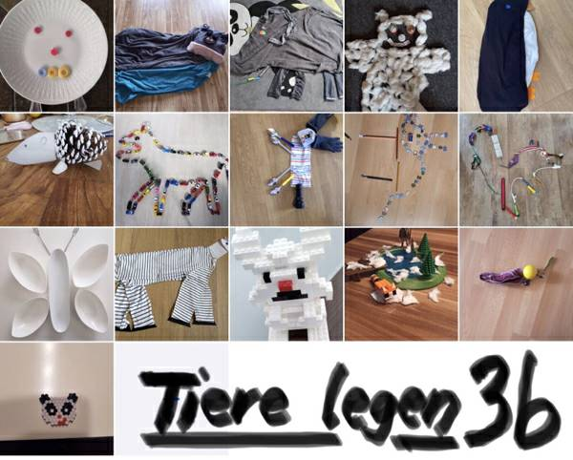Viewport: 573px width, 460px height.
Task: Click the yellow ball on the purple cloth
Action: (530, 272)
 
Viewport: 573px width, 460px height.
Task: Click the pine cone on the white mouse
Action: (80, 141)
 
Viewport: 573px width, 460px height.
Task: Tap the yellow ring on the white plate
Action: (65, 71)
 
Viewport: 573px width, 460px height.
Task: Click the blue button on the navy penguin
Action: (507, 16)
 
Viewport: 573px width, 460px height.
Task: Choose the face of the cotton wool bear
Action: (401, 35)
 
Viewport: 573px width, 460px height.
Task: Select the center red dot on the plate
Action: (54, 52)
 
